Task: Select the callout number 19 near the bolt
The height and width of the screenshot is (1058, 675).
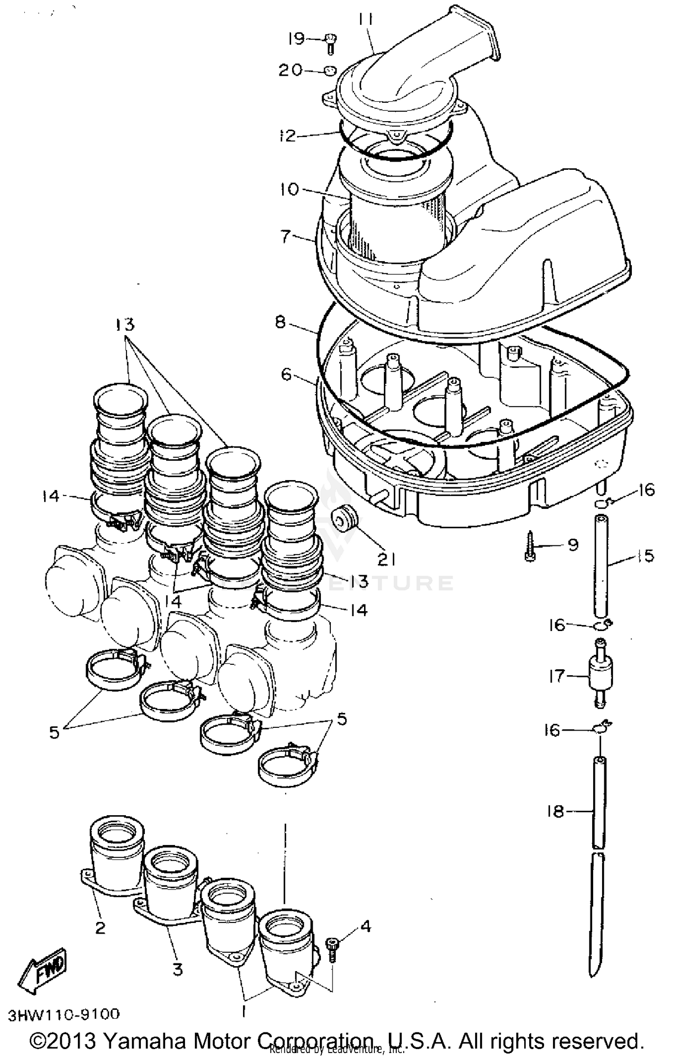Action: point(297,39)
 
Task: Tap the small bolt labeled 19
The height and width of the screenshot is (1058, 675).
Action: point(331,44)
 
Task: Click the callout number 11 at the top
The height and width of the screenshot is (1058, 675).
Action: point(366,19)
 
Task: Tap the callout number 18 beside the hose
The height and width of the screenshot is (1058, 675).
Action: point(556,811)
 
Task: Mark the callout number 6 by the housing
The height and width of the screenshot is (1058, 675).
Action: point(287,375)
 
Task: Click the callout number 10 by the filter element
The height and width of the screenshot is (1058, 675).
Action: point(288,189)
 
